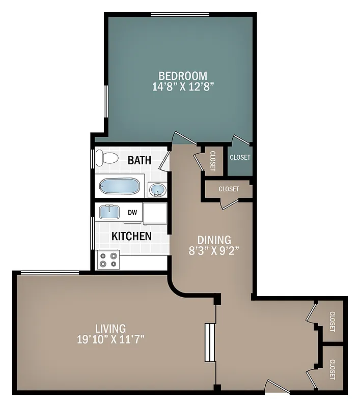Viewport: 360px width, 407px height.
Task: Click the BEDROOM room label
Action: (182, 75)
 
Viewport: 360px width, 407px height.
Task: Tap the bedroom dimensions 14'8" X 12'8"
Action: (182, 86)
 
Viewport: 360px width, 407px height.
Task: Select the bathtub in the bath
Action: (119, 186)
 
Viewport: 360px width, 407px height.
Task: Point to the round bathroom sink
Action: (158, 190)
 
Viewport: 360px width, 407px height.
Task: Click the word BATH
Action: (139, 160)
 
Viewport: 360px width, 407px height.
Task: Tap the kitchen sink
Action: (108, 211)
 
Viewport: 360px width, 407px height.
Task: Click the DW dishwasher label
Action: (132, 213)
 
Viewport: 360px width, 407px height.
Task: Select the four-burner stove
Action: (108, 259)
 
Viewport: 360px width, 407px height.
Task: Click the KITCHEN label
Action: (131, 236)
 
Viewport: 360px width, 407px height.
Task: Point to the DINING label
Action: (214, 240)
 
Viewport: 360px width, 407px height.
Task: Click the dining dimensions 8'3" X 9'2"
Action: (214, 250)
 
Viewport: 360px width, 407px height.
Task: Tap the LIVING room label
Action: (110, 329)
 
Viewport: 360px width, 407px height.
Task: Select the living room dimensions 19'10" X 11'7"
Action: (110, 339)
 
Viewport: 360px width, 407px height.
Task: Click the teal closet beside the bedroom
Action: (240, 158)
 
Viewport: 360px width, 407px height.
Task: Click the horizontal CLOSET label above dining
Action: (229, 189)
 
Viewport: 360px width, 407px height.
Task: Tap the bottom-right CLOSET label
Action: (332, 369)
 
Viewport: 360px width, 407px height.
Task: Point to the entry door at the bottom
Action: (278, 388)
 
